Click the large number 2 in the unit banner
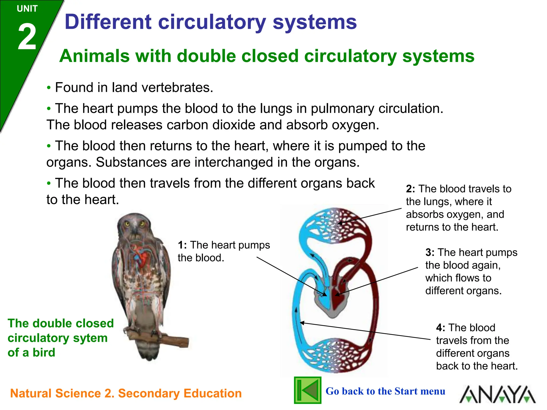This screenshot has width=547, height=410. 27,37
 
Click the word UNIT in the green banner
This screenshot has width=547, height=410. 27,9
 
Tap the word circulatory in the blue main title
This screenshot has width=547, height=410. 212,22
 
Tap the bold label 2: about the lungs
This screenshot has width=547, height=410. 410,189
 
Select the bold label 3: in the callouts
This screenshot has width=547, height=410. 430,253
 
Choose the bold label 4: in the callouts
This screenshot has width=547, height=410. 440,328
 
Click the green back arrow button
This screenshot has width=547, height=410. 307,390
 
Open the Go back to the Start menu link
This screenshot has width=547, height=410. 385,391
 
